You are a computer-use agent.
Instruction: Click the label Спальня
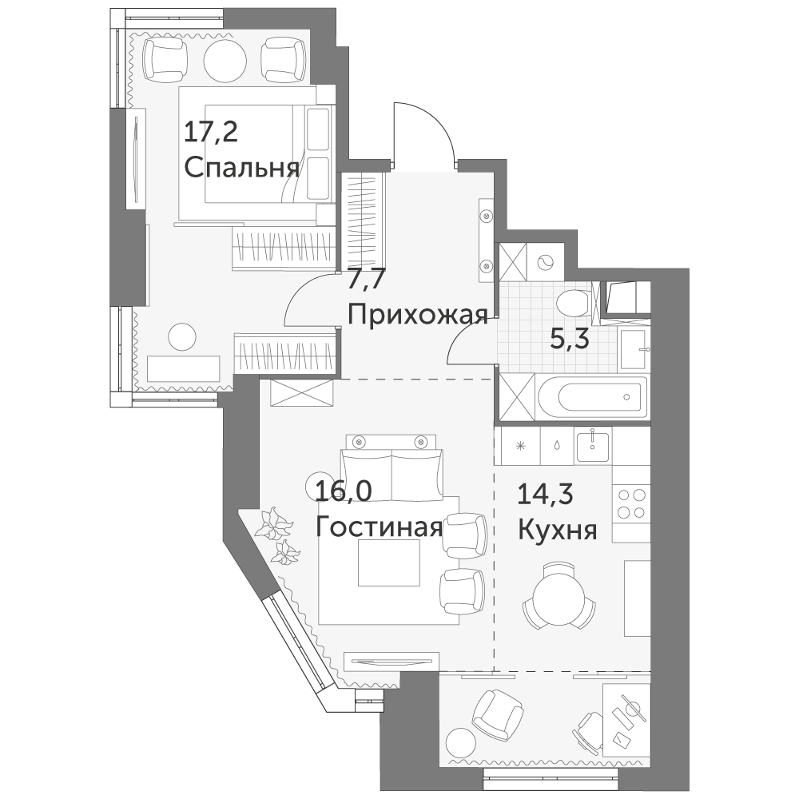(x=241, y=167)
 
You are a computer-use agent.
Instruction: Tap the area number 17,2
(x=210, y=133)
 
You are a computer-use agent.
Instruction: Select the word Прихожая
(x=418, y=315)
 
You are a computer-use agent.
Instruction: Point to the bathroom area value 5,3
(x=570, y=339)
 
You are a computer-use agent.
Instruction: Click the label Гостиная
(x=379, y=528)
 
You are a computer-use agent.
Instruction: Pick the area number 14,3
(x=545, y=494)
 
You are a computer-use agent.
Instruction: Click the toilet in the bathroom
(x=573, y=305)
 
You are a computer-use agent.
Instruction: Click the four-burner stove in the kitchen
(x=631, y=503)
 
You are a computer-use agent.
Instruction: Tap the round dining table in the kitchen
(x=558, y=597)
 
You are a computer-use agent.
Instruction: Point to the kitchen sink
(x=593, y=445)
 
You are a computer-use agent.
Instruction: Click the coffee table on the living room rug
(x=389, y=562)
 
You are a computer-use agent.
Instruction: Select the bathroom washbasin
(x=634, y=348)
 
